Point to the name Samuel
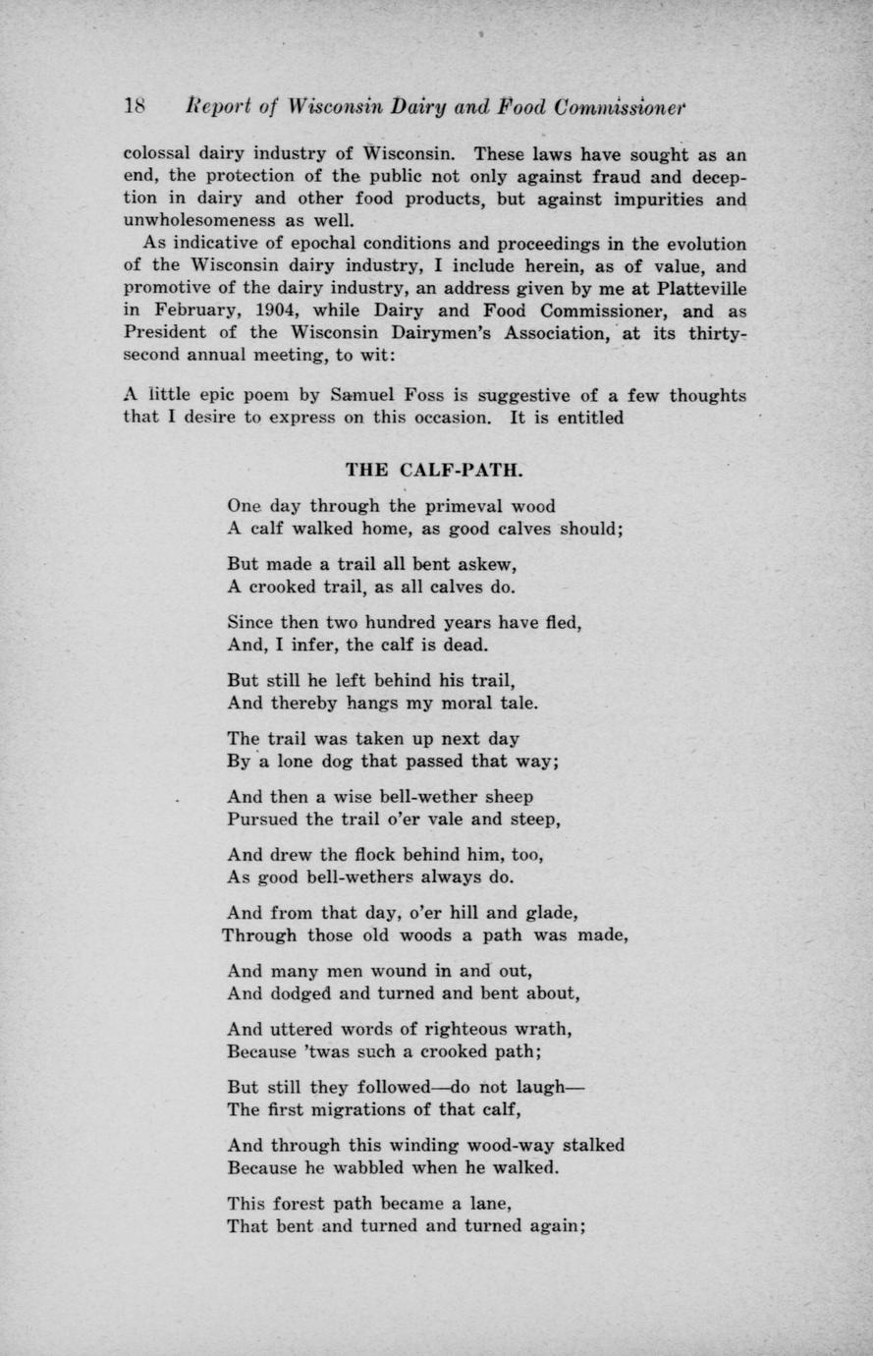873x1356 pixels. [x=362, y=396]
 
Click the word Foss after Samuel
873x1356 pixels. [x=423, y=396]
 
